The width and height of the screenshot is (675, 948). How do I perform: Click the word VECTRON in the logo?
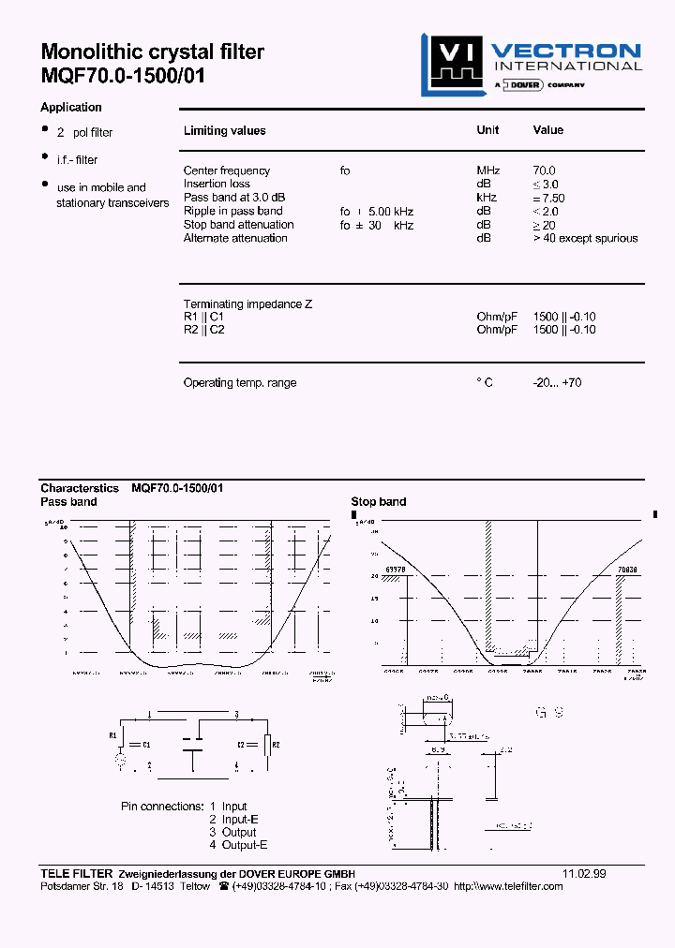(566, 52)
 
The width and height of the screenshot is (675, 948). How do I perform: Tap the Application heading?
(71, 108)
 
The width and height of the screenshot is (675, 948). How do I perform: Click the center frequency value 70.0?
(544, 170)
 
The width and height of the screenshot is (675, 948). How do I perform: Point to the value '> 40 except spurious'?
(585, 238)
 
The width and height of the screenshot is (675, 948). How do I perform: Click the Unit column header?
(487, 130)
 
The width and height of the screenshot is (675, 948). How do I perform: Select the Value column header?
(548, 130)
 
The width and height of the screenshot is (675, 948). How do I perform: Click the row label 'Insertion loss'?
(217, 184)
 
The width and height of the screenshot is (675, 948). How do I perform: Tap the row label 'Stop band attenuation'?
(238, 225)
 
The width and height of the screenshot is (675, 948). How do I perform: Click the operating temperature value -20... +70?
(557, 382)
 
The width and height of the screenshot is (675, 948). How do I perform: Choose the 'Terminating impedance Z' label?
(247, 304)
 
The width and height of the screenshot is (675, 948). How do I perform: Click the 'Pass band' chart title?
(68, 502)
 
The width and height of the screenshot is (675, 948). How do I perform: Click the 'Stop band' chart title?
(379, 502)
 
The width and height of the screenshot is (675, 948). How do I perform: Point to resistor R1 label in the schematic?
(113, 735)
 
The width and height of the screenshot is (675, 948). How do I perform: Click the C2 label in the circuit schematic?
(240, 744)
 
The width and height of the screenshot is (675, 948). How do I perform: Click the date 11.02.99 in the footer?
(584, 873)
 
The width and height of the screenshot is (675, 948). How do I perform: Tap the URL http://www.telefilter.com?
(508, 886)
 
